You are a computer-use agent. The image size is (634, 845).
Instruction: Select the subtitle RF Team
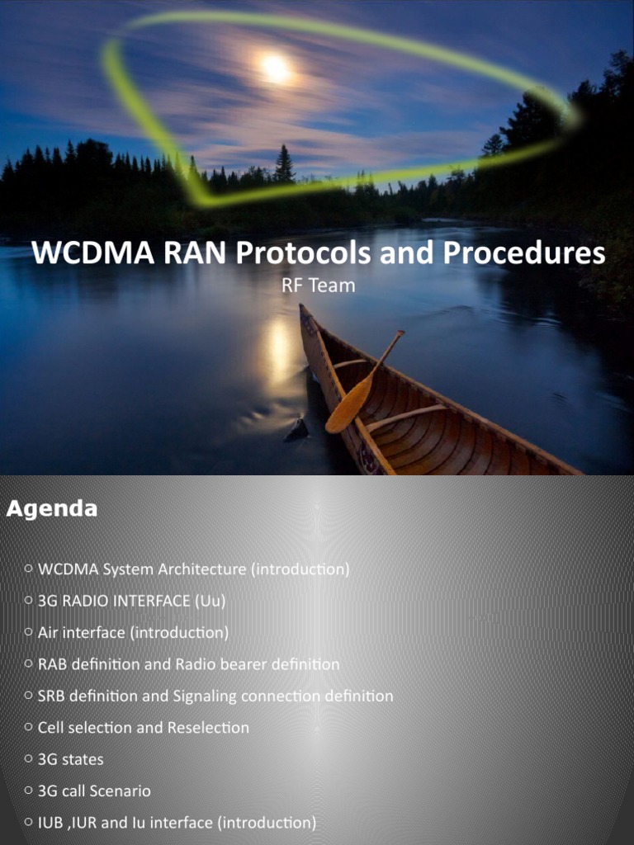tap(318, 286)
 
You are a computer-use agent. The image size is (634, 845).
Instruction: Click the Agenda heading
tap(51, 509)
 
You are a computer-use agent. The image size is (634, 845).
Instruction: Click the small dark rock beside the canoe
tap(296, 430)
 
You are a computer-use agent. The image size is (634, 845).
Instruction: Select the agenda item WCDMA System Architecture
tap(193, 569)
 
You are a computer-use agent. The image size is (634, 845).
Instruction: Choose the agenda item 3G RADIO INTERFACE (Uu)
tap(131, 601)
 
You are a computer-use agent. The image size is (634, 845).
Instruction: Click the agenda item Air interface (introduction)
tap(133, 633)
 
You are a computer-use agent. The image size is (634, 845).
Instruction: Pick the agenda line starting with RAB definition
tap(188, 664)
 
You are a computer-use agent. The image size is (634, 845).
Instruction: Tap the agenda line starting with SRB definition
tap(215, 696)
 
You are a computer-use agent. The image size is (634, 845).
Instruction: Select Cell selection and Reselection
tap(143, 728)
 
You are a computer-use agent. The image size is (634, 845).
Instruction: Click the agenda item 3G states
tap(70, 759)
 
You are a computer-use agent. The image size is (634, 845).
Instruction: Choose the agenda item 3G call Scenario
tap(94, 791)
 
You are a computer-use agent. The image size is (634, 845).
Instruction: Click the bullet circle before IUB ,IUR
tap(29, 823)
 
